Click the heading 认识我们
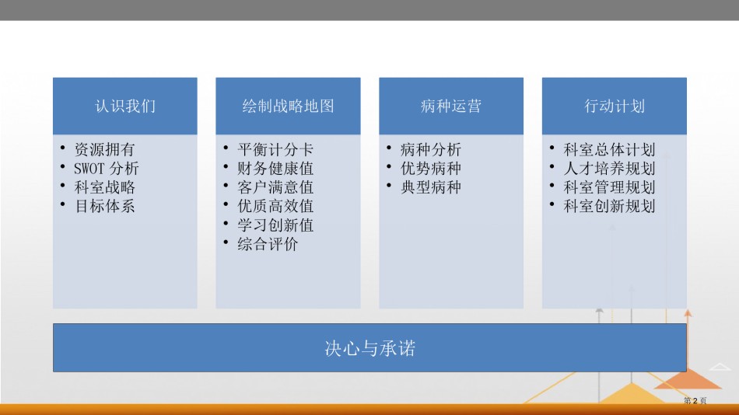pyautogui.click(x=125, y=106)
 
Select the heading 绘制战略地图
pyautogui.click(x=288, y=106)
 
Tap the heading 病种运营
pyautogui.click(x=451, y=106)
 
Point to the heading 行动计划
pyautogui.click(x=614, y=106)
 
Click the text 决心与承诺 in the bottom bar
pyautogui.click(x=370, y=348)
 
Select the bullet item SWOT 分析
pyautogui.click(x=106, y=168)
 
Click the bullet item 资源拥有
pyautogui.click(x=105, y=149)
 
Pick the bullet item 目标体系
pyautogui.click(x=105, y=206)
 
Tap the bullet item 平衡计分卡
pyautogui.click(x=275, y=149)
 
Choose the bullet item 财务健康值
pyautogui.click(x=275, y=168)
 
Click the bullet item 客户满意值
pyautogui.click(x=275, y=187)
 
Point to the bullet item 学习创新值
pyautogui.click(x=275, y=225)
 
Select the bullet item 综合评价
pyautogui.click(x=268, y=243)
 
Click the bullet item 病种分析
pyautogui.click(x=431, y=149)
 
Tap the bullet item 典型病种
pyautogui.click(x=431, y=187)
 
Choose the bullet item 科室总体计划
pyautogui.click(x=609, y=149)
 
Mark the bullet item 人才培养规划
pyautogui.click(x=609, y=168)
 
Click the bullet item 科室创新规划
pyautogui.click(x=609, y=206)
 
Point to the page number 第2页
pyautogui.click(x=695, y=400)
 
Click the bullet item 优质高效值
pyautogui.click(x=275, y=206)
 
